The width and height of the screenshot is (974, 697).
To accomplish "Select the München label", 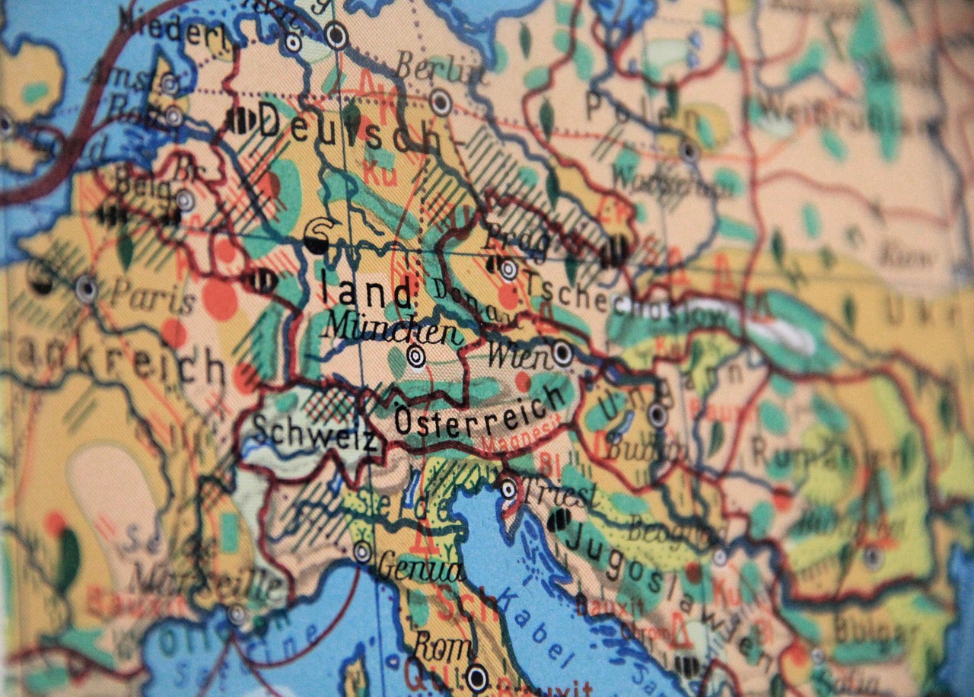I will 391,329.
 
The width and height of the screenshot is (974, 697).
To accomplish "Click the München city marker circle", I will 415,355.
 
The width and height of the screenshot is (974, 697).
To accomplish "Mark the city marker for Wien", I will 562,352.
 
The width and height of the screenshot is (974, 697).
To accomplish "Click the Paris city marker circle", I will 86,288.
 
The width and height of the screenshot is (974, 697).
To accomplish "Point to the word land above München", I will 366,292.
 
